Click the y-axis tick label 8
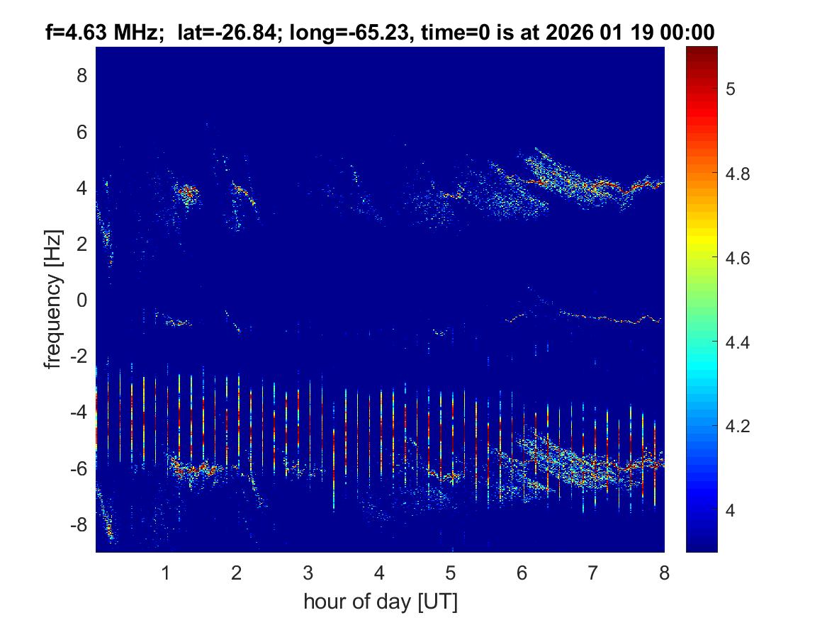click(81, 75)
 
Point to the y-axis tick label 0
click(81, 300)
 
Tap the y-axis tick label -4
click(77, 412)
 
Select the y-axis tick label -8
click(77, 525)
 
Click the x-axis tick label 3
click(308, 573)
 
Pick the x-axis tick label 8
click(664, 573)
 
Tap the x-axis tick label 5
click(450, 573)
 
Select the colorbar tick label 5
click(736, 89)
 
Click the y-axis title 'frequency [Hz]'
click(53, 299)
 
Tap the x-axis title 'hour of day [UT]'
click(380, 602)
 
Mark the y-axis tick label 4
click(81, 188)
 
